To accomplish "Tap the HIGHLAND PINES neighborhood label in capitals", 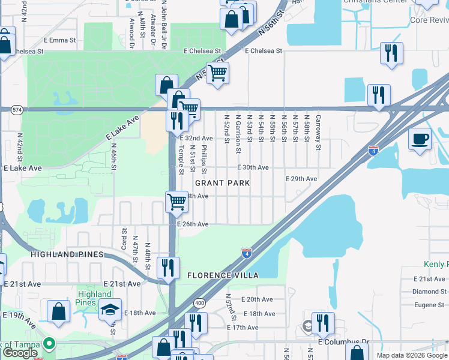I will tap(68, 254).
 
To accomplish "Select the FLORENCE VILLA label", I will tap(222, 275).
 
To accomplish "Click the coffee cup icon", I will tap(420, 139).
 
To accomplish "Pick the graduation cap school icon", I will tap(110, 310).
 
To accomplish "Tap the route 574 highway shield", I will tap(16, 109).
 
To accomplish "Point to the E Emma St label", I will tap(59, 40).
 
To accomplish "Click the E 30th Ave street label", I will tap(253, 167).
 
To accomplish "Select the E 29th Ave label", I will tap(301, 179).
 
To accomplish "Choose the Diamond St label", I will tap(429, 292).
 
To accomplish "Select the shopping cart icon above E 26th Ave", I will tap(177, 202).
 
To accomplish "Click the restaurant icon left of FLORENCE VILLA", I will tap(167, 267).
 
